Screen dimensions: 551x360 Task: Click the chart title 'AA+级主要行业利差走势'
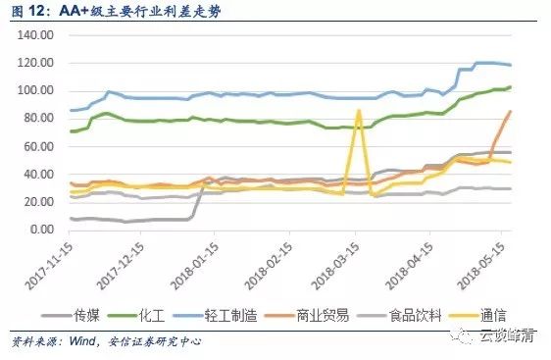click(140, 11)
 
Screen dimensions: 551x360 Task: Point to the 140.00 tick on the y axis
click(35, 34)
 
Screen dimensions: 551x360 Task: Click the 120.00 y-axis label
click(35, 63)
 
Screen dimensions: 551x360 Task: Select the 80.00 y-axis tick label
click(38, 118)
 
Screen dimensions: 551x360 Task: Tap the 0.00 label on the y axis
click(42, 230)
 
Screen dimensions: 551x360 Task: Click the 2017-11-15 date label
click(49, 266)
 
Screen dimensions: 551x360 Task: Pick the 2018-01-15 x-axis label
click(194, 266)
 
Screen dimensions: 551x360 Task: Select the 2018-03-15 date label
click(335, 266)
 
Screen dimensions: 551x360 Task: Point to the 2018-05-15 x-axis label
click(481, 266)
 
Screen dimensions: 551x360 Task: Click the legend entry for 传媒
click(71, 315)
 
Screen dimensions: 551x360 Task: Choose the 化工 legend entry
click(136, 315)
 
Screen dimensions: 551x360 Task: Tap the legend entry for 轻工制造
click(215, 315)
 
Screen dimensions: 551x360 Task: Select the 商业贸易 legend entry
click(307, 315)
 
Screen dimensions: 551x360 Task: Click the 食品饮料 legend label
click(399, 315)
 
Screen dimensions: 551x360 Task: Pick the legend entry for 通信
click(477, 315)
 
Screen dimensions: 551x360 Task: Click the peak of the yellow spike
click(359, 111)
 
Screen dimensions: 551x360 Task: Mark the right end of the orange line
click(510, 111)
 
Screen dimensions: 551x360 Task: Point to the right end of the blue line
click(510, 65)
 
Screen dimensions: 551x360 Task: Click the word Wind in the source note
click(82, 340)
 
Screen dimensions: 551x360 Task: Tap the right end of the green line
click(510, 86)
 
